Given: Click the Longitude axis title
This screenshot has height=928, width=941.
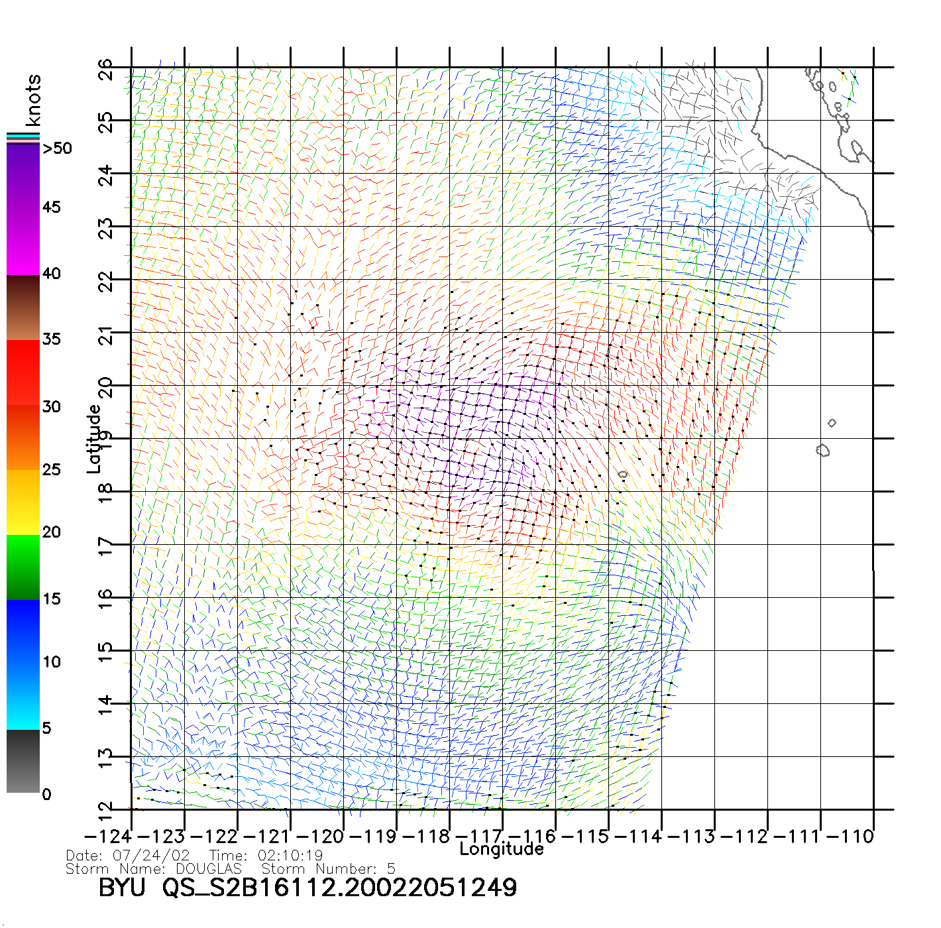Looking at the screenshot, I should (502, 849).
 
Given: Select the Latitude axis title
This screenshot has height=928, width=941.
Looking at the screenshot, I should (94, 438).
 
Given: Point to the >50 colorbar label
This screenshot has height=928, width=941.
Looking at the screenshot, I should (58, 148).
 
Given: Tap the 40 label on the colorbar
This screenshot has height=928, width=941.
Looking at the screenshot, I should (51, 273).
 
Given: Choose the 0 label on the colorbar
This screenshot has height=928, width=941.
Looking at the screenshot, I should (46, 794).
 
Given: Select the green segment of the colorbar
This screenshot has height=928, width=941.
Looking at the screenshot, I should (23, 567).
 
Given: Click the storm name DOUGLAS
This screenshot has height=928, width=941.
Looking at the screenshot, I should (209, 868).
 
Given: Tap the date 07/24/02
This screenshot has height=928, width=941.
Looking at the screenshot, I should (151, 855).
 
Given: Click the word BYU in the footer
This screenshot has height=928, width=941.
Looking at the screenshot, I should (122, 888).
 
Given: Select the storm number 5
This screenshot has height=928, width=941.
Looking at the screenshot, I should (392, 868).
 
